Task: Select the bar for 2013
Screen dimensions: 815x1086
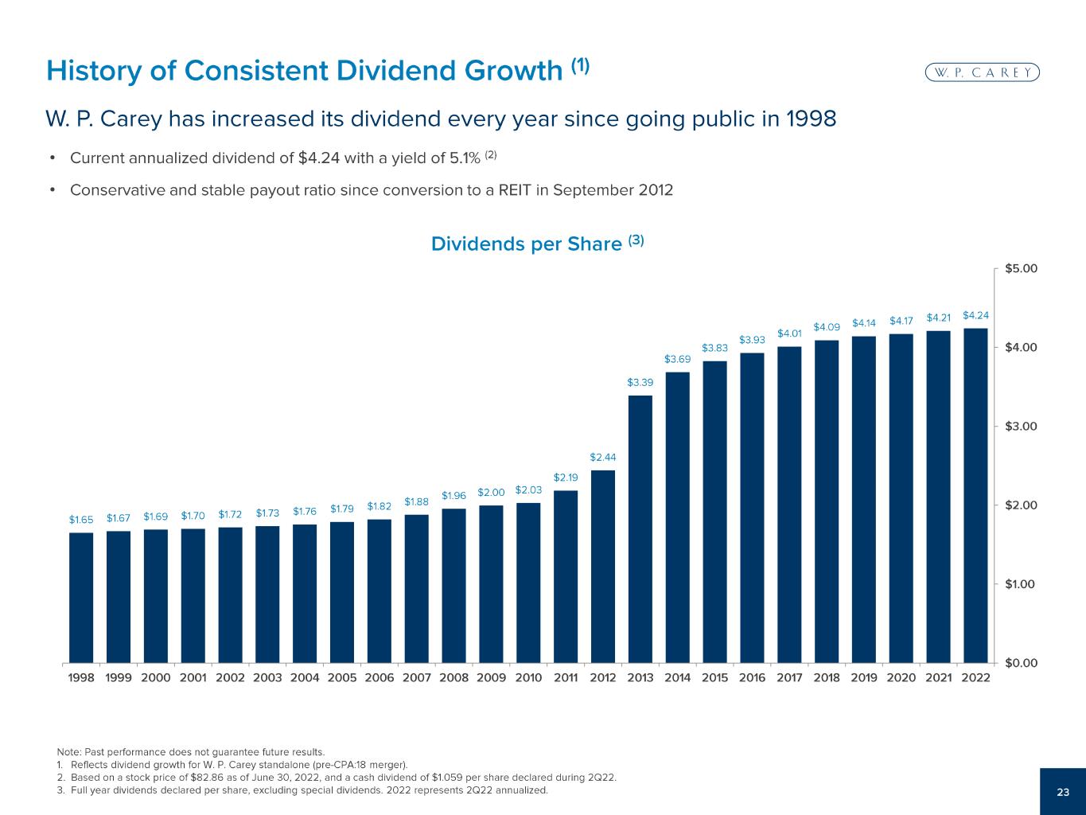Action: click(640, 528)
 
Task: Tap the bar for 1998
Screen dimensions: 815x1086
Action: click(81, 597)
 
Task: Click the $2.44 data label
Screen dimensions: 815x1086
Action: click(603, 458)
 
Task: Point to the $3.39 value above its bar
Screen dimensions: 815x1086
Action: click(640, 383)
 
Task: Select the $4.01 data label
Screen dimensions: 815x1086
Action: click(789, 333)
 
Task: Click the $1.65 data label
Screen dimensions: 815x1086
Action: click(81, 520)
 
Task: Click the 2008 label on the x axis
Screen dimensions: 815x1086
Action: click(453, 678)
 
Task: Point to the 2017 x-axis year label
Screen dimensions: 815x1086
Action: click(789, 678)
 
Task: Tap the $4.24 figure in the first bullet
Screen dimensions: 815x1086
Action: click(318, 158)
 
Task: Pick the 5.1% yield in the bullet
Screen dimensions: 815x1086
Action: click(465, 158)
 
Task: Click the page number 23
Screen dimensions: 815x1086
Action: click(1063, 792)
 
